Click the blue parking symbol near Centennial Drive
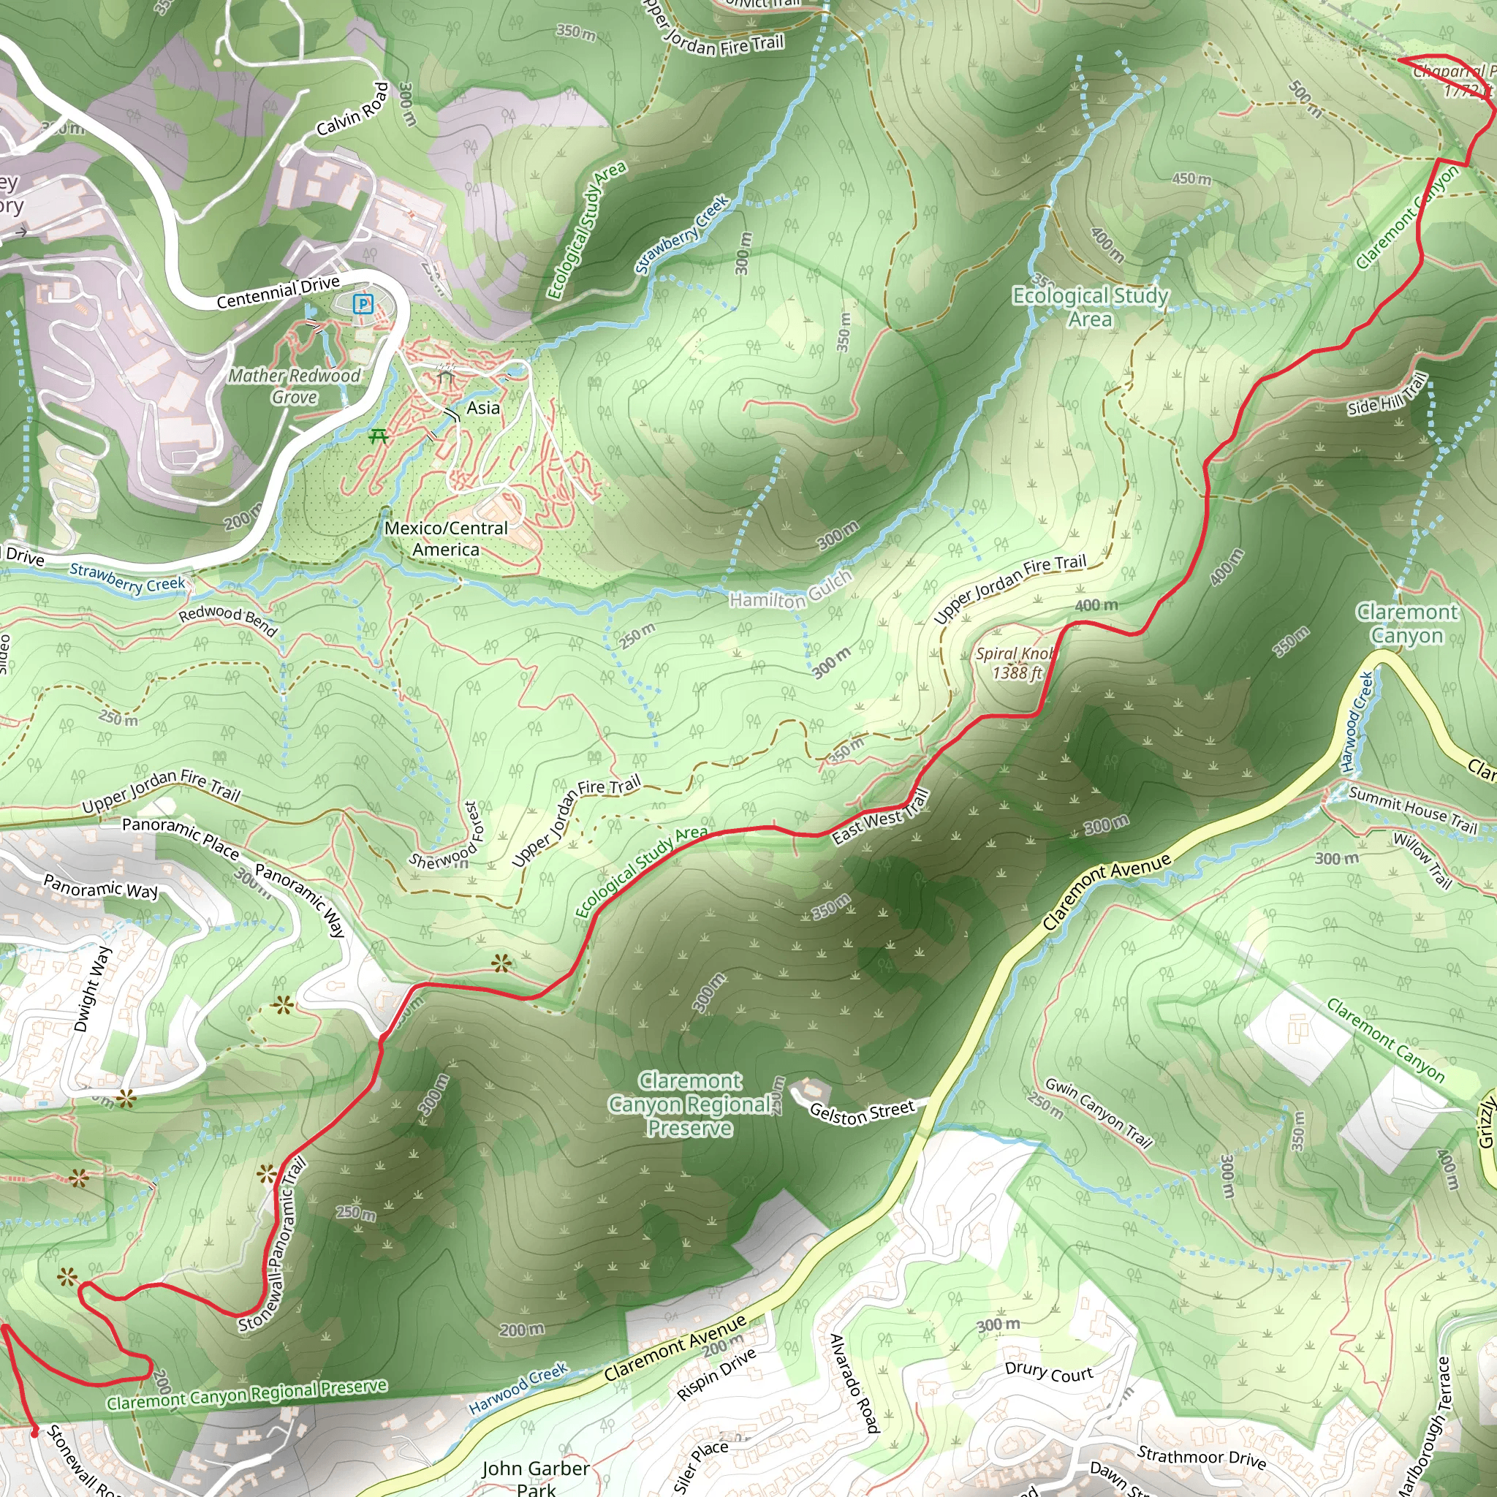(x=363, y=305)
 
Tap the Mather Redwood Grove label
(x=295, y=386)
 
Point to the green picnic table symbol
(x=378, y=436)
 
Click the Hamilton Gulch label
(x=790, y=591)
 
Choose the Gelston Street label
(x=862, y=1111)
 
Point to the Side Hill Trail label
(x=1386, y=395)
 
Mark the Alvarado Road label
(x=854, y=1383)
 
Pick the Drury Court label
(x=1048, y=1372)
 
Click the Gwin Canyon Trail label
(x=1099, y=1112)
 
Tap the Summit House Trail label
(x=1412, y=810)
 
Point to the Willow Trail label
(x=1422, y=860)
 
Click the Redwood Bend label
(x=228, y=620)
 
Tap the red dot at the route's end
(x=34, y=1433)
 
